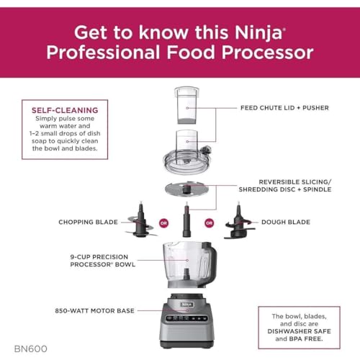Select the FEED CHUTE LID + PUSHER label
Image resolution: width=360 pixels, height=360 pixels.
284,108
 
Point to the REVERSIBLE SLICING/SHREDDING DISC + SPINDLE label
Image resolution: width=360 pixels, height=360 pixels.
284,186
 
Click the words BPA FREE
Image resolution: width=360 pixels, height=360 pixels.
297,343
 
